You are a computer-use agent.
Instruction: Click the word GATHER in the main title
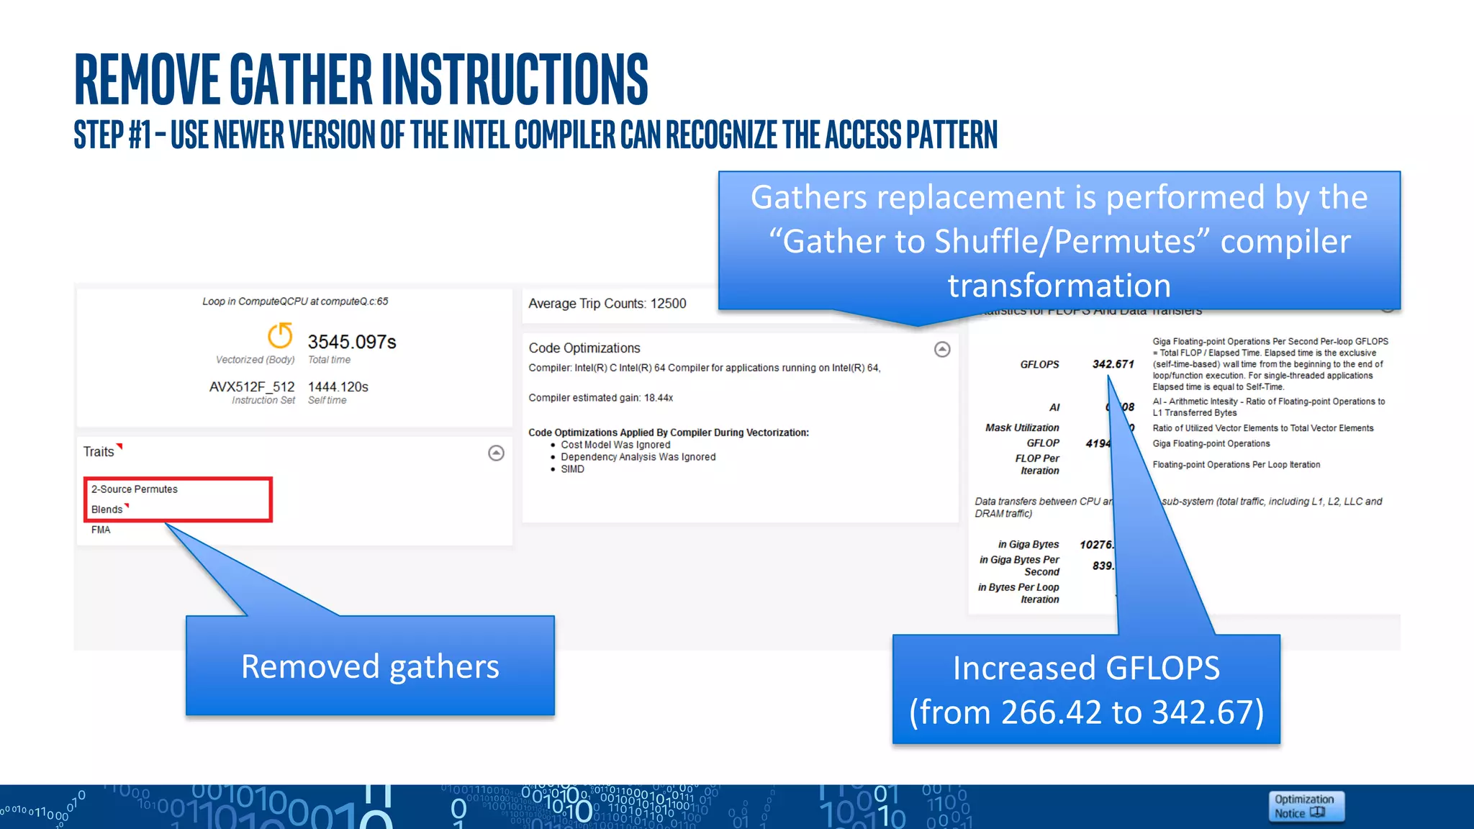coord(301,79)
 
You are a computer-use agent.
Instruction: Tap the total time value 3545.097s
coord(352,342)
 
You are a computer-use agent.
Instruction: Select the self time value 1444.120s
coord(338,387)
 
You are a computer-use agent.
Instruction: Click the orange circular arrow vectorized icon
coord(280,335)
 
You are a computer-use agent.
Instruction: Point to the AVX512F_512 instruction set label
coord(252,387)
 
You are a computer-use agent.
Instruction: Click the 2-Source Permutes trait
coord(135,489)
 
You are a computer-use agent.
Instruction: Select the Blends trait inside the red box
coord(107,509)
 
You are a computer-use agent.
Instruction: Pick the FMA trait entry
coord(101,530)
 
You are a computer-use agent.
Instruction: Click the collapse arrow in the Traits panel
coord(496,453)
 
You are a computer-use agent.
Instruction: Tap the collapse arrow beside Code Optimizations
coord(942,349)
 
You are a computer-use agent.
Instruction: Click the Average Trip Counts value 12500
coord(668,304)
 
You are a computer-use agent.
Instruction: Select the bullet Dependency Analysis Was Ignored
coord(638,457)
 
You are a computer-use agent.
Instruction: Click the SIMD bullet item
coord(572,469)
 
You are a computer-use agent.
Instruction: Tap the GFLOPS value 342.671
coord(1113,364)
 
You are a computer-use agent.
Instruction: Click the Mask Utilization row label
coord(1022,427)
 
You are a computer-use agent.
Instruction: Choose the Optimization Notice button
coord(1305,806)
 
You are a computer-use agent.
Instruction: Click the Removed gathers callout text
coord(370,666)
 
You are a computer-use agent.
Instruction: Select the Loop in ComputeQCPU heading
coord(295,302)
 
